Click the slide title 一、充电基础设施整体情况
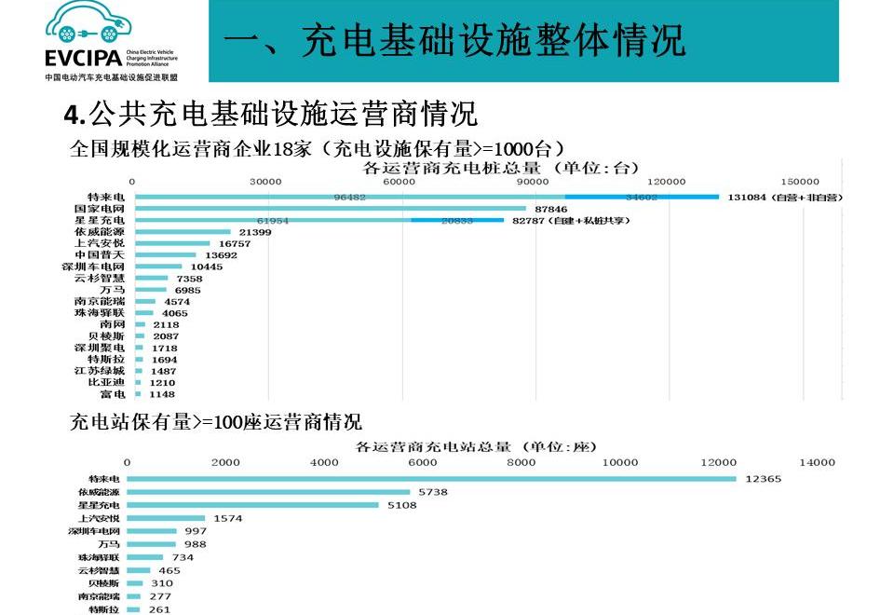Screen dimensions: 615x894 pyautogui.click(x=455, y=40)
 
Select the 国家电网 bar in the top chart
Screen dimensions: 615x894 pyautogui.click(x=332, y=209)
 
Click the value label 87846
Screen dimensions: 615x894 pyautogui.click(x=551, y=209)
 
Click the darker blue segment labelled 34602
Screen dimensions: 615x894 pyautogui.click(x=642, y=197)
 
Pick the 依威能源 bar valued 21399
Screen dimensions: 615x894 pyautogui.click(x=183, y=232)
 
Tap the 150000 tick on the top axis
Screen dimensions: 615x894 pyautogui.click(x=800, y=181)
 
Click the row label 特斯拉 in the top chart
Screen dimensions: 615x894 pyautogui.click(x=106, y=359)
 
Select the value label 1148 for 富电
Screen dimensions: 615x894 pyautogui.click(x=162, y=394)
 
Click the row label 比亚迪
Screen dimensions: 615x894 pyautogui.click(x=106, y=382)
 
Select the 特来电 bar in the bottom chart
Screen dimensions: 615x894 pyautogui.click(x=431, y=479)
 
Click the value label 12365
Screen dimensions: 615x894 pyautogui.click(x=764, y=479)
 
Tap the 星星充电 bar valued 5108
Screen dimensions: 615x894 pyautogui.click(x=252, y=505)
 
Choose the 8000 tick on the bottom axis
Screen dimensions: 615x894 pyautogui.click(x=521, y=462)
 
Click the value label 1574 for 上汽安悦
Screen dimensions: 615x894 pyautogui.click(x=228, y=518)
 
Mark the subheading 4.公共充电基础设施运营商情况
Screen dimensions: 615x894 pyautogui.click(x=271, y=115)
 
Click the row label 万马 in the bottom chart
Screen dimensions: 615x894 pyautogui.click(x=108, y=544)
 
